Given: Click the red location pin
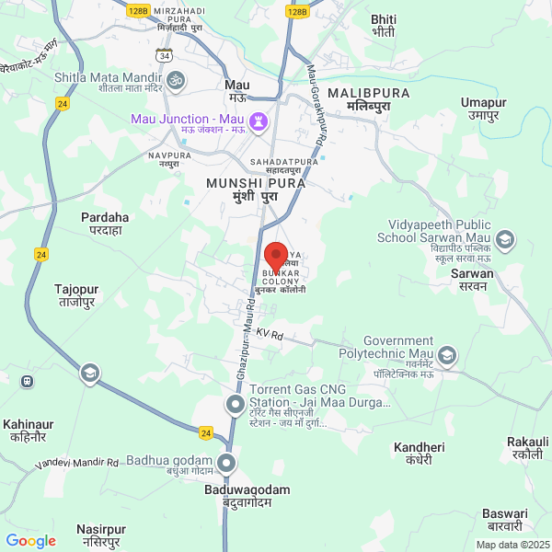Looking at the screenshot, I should pos(275,256).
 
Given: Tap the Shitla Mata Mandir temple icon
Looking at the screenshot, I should pos(176,80).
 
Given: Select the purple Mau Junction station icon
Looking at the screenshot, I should pos(259,121).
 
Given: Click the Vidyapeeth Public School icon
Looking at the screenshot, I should pos(505,240).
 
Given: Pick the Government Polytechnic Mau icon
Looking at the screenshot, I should pos(446,354).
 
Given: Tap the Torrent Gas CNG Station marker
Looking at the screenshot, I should pos(236,403).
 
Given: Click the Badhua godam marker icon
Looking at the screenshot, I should pos(227,462).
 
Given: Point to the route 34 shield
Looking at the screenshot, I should pos(164,57).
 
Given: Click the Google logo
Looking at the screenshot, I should pos(31,541).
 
